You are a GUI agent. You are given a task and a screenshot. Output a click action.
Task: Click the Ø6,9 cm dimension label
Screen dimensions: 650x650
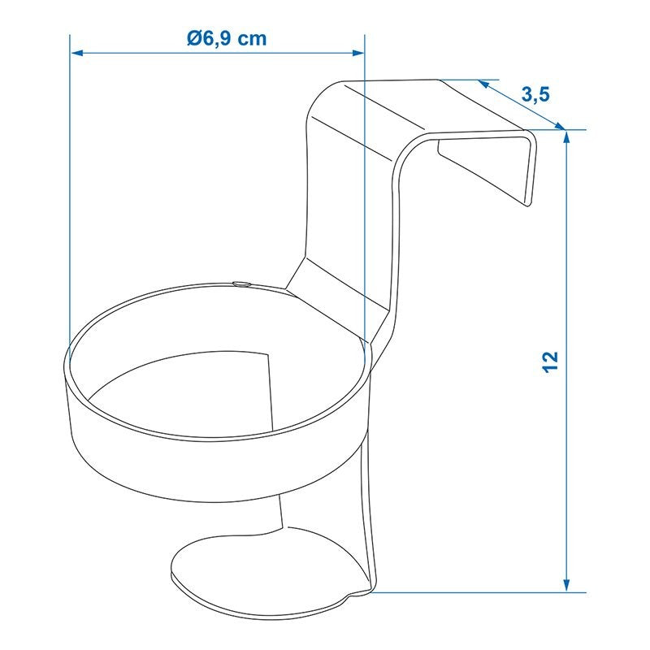(227, 38)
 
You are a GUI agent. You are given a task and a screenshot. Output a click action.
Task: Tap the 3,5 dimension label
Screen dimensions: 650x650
(535, 94)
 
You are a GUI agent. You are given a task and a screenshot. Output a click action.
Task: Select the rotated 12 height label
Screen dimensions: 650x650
(551, 362)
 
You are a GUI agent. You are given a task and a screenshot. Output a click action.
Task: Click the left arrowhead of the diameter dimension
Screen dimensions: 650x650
(77, 53)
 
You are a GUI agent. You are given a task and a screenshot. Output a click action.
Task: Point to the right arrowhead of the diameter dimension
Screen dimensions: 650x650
(357, 53)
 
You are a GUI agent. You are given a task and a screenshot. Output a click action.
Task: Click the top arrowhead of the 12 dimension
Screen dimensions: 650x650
(566, 136)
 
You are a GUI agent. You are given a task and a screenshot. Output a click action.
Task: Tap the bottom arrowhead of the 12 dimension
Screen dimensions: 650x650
(566, 585)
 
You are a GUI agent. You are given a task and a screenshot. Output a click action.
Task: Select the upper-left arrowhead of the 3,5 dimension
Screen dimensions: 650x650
(483, 84)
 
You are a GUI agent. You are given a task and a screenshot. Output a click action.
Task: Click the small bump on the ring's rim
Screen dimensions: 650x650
(240, 284)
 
